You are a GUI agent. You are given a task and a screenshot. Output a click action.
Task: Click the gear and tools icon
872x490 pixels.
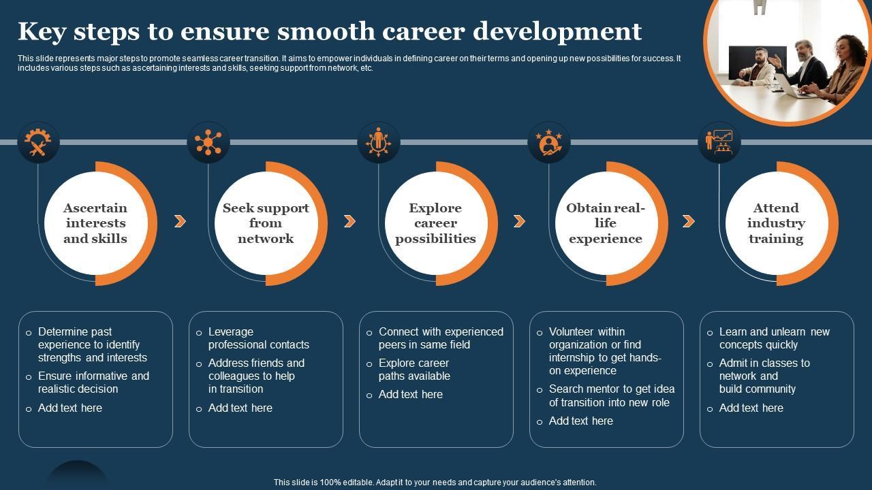pos(38,143)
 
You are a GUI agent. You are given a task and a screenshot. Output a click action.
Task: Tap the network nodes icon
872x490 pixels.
pos(208,143)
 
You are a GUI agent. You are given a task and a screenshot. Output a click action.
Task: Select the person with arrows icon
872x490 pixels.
pos(379,143)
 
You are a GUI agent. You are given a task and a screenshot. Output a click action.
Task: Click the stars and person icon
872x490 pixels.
pos(549,143)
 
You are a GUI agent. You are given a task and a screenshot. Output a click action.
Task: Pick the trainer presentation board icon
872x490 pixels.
pos(719,143)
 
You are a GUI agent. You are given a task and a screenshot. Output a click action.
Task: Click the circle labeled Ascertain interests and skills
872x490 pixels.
pos(95,223)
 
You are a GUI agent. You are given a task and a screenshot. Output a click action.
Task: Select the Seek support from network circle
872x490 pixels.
pos(266,223)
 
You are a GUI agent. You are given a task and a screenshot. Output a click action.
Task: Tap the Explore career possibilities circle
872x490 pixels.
pos(435,223)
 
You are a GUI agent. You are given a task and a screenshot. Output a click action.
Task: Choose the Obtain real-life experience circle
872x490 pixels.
pos(606,223)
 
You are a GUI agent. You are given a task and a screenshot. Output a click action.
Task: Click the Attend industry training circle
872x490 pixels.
pos(776,223)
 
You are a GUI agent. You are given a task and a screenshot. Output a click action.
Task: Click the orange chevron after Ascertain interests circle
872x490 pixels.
pos(180,221)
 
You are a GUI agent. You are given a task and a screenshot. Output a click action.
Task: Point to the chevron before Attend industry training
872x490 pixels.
pos(689,221)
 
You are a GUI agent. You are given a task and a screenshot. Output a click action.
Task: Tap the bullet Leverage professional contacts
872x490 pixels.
pos(258,338)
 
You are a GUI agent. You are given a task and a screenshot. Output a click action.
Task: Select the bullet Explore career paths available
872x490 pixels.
pos(414,370)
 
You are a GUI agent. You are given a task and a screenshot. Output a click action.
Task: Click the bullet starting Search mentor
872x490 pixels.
pos(611,395)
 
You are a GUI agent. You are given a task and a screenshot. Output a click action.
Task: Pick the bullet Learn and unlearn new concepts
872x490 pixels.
pos(774,338)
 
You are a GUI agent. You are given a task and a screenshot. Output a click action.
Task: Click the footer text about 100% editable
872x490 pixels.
pos(435,482)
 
